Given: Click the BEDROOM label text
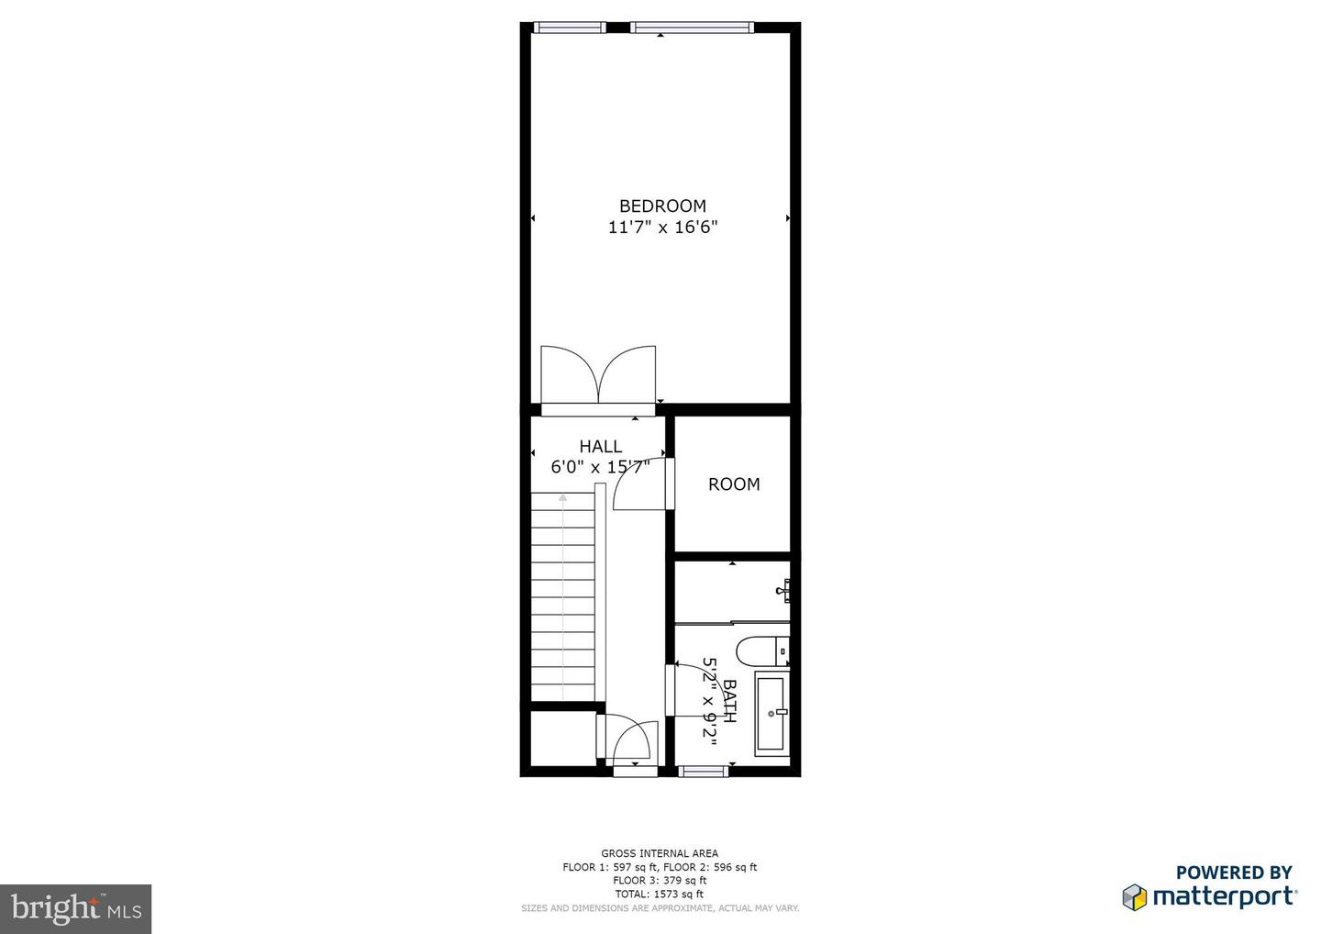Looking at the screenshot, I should (662, 206).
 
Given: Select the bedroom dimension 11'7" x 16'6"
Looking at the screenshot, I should (662, 228).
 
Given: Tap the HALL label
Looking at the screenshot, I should (600, 447).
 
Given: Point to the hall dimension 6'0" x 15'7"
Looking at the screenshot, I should (600, 467).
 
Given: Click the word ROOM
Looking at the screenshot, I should (734, 484).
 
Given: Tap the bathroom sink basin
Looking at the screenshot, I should (772, 714).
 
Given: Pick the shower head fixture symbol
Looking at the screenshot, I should (783, 589).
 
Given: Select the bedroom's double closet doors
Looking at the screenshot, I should (598, 376).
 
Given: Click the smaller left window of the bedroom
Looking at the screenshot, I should (569, 28).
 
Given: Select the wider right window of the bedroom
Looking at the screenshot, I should (693, 28).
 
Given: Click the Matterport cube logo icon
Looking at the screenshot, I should (1135, 896).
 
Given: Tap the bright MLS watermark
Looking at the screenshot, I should (75, 908).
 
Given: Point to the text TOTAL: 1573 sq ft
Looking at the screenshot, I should (660, 894).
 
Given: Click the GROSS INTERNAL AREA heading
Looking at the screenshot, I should (660, 853).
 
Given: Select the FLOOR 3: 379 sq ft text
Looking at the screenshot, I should (660, 880).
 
